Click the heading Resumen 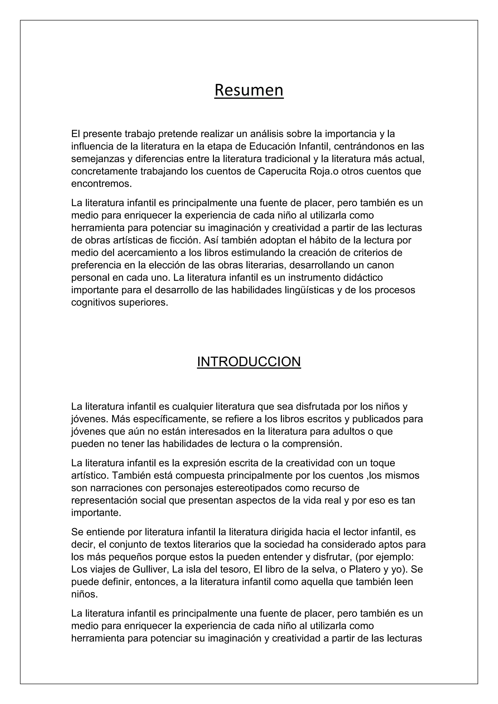point(249,90)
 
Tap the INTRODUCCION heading point(249,362)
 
